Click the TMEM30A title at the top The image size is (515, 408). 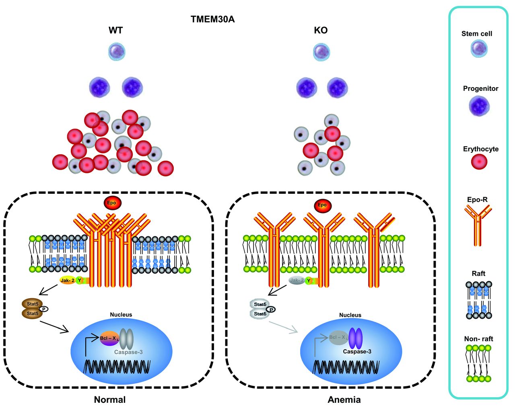click(x=212, y=19)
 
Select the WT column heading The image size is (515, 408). click(x=115, y=31)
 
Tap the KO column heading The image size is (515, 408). click(x=321, y=31)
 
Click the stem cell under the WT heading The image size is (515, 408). click(x=117, y=52)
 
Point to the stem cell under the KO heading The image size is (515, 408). click(x=321, y=52)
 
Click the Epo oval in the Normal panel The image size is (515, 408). click(x=111, y=203)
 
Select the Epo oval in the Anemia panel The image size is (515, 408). click(x=322, y=205)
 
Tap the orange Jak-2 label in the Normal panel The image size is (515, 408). click(x=67, y=281)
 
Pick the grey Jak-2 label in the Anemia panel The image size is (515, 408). click(x=297, y=280)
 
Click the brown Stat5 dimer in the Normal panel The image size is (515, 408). click(x=32, y=309)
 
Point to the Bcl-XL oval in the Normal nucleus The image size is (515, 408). click(x=109, y=338)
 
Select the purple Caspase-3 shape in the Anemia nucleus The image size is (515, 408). click(x=355, y=338)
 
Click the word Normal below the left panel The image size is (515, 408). click(x=110, y=400)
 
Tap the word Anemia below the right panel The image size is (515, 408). click(x=344, y=400)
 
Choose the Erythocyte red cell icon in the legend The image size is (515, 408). click(x=479, y=162)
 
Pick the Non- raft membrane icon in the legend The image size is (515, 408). click(x=478, y=363)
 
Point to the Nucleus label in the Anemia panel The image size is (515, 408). click(x=350, y=315)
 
